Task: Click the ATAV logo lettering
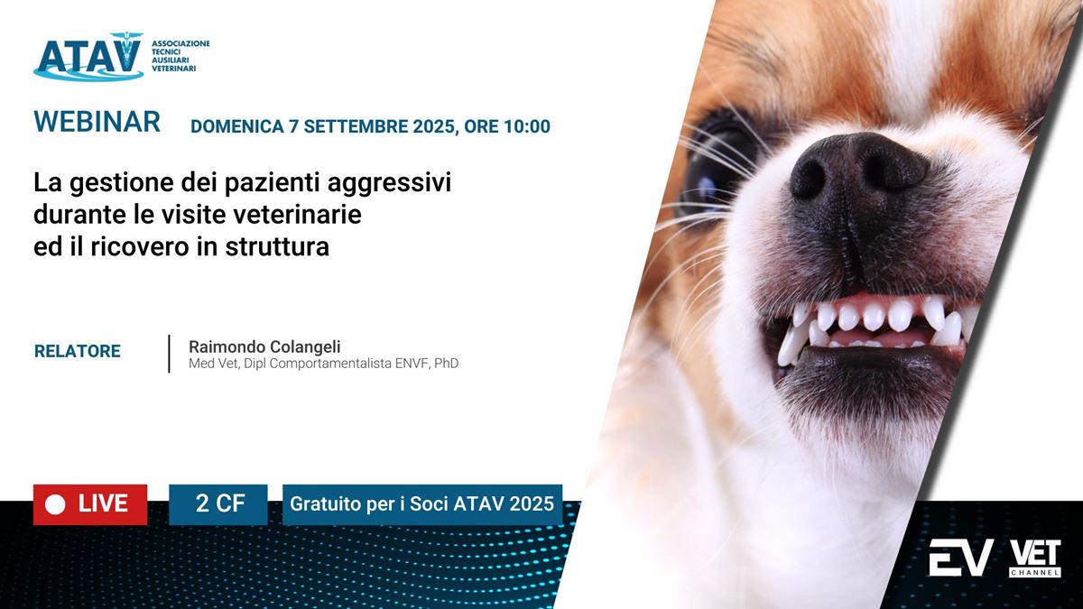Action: (88, 56)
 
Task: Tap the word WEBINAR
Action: (97, 121)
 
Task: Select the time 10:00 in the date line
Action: (527, 126)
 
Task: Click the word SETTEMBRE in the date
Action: (356, 126)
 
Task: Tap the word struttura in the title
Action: (277, 246)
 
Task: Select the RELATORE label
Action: (78, 351)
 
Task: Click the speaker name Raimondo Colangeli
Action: (264, 346)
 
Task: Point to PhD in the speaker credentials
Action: (446, 363)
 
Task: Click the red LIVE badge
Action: (90, 504)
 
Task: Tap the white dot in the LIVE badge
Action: (55, 505)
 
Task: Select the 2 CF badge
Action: (218, 504)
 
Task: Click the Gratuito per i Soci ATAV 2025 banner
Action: (422, 504)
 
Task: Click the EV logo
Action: (961, 558)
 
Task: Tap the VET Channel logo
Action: (1035, 558)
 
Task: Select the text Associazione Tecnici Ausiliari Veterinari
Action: (180, 56)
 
